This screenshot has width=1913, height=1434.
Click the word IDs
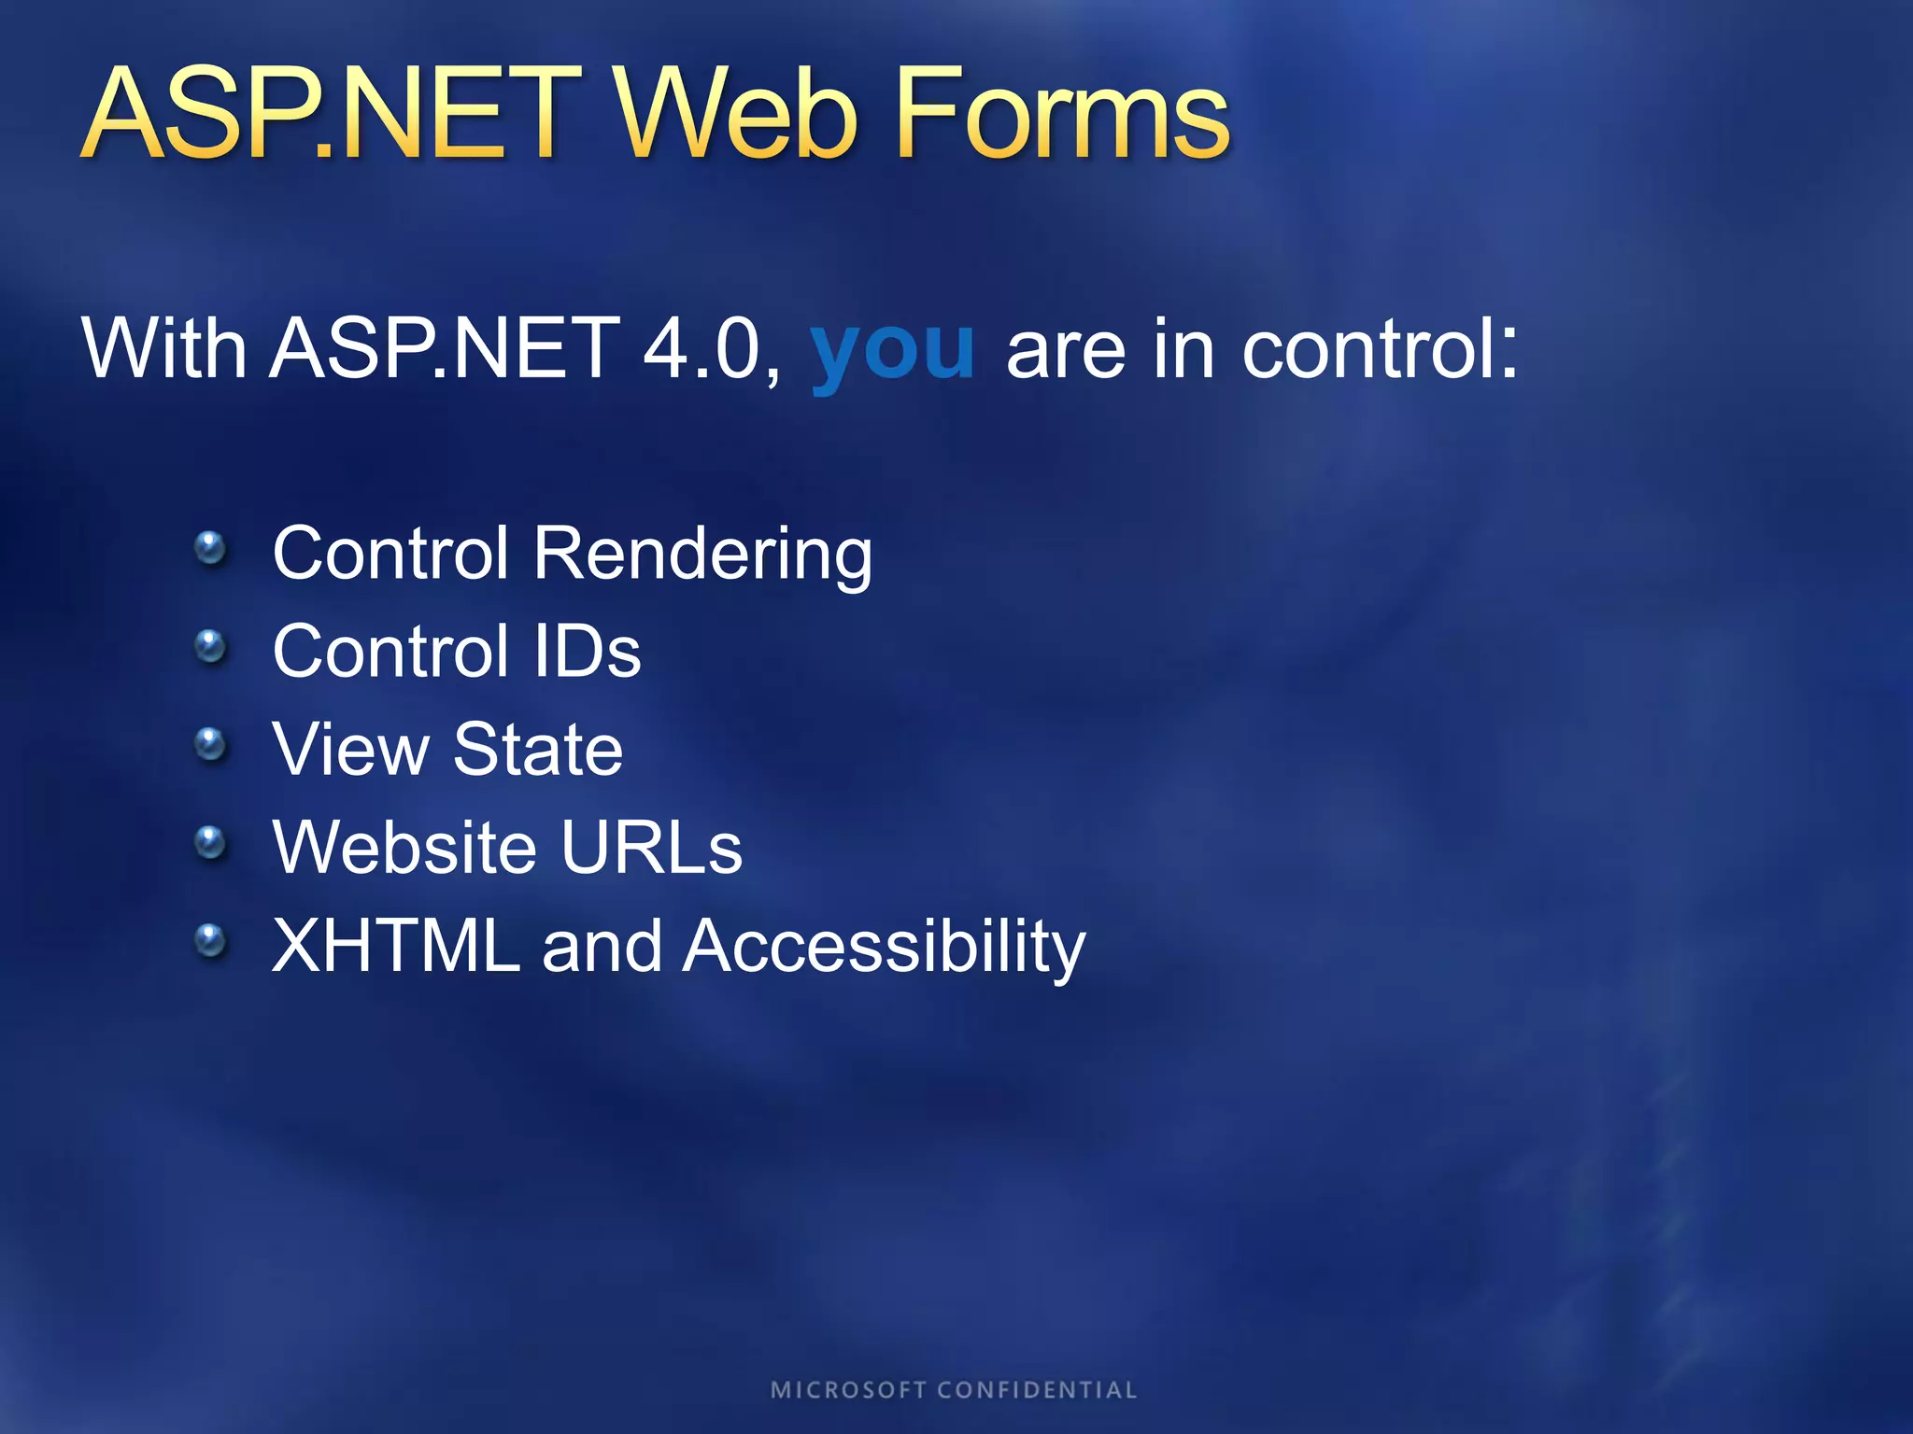(588, 651)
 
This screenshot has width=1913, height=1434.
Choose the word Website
(404, 847)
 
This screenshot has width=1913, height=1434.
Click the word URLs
(652, 847)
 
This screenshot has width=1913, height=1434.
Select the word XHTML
(395, 946)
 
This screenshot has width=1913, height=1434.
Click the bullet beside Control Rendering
(210, 547)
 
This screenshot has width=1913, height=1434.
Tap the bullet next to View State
(210, 744)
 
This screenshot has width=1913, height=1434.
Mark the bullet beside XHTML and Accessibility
(210, 940)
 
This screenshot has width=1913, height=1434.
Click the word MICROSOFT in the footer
(848, 1390)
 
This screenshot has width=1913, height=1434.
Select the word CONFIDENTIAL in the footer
(1037, 1390)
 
